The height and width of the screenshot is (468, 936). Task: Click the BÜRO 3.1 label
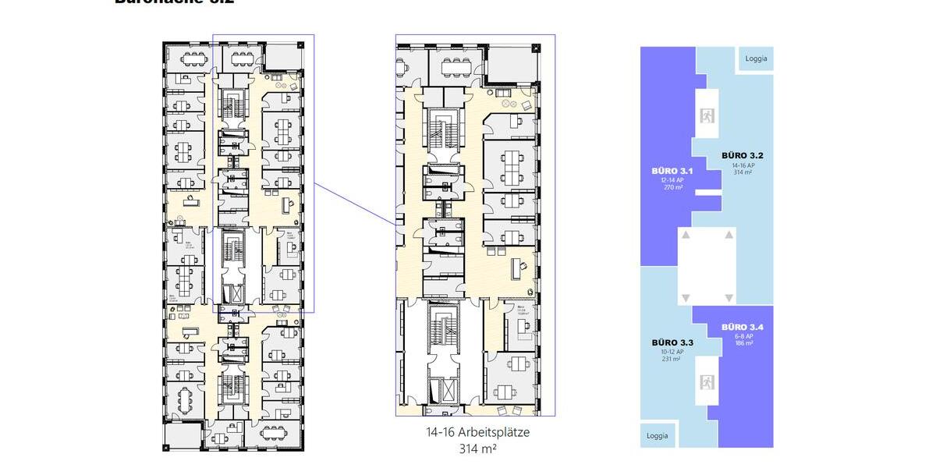coord(667,170)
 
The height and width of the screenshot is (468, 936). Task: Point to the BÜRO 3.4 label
coord(742,326)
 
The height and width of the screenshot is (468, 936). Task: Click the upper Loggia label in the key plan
coord(756,58)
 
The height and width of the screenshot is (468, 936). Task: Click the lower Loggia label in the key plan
coord(657,435)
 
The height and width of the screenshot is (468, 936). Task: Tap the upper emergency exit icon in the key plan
coord(707,116)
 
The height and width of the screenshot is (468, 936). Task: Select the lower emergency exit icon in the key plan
coord(707,382)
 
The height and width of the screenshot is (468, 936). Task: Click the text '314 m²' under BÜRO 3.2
coord(742,173)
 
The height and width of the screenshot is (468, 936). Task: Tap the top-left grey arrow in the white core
coord(685,234)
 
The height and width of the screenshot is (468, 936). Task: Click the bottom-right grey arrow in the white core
coord(729,298)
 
